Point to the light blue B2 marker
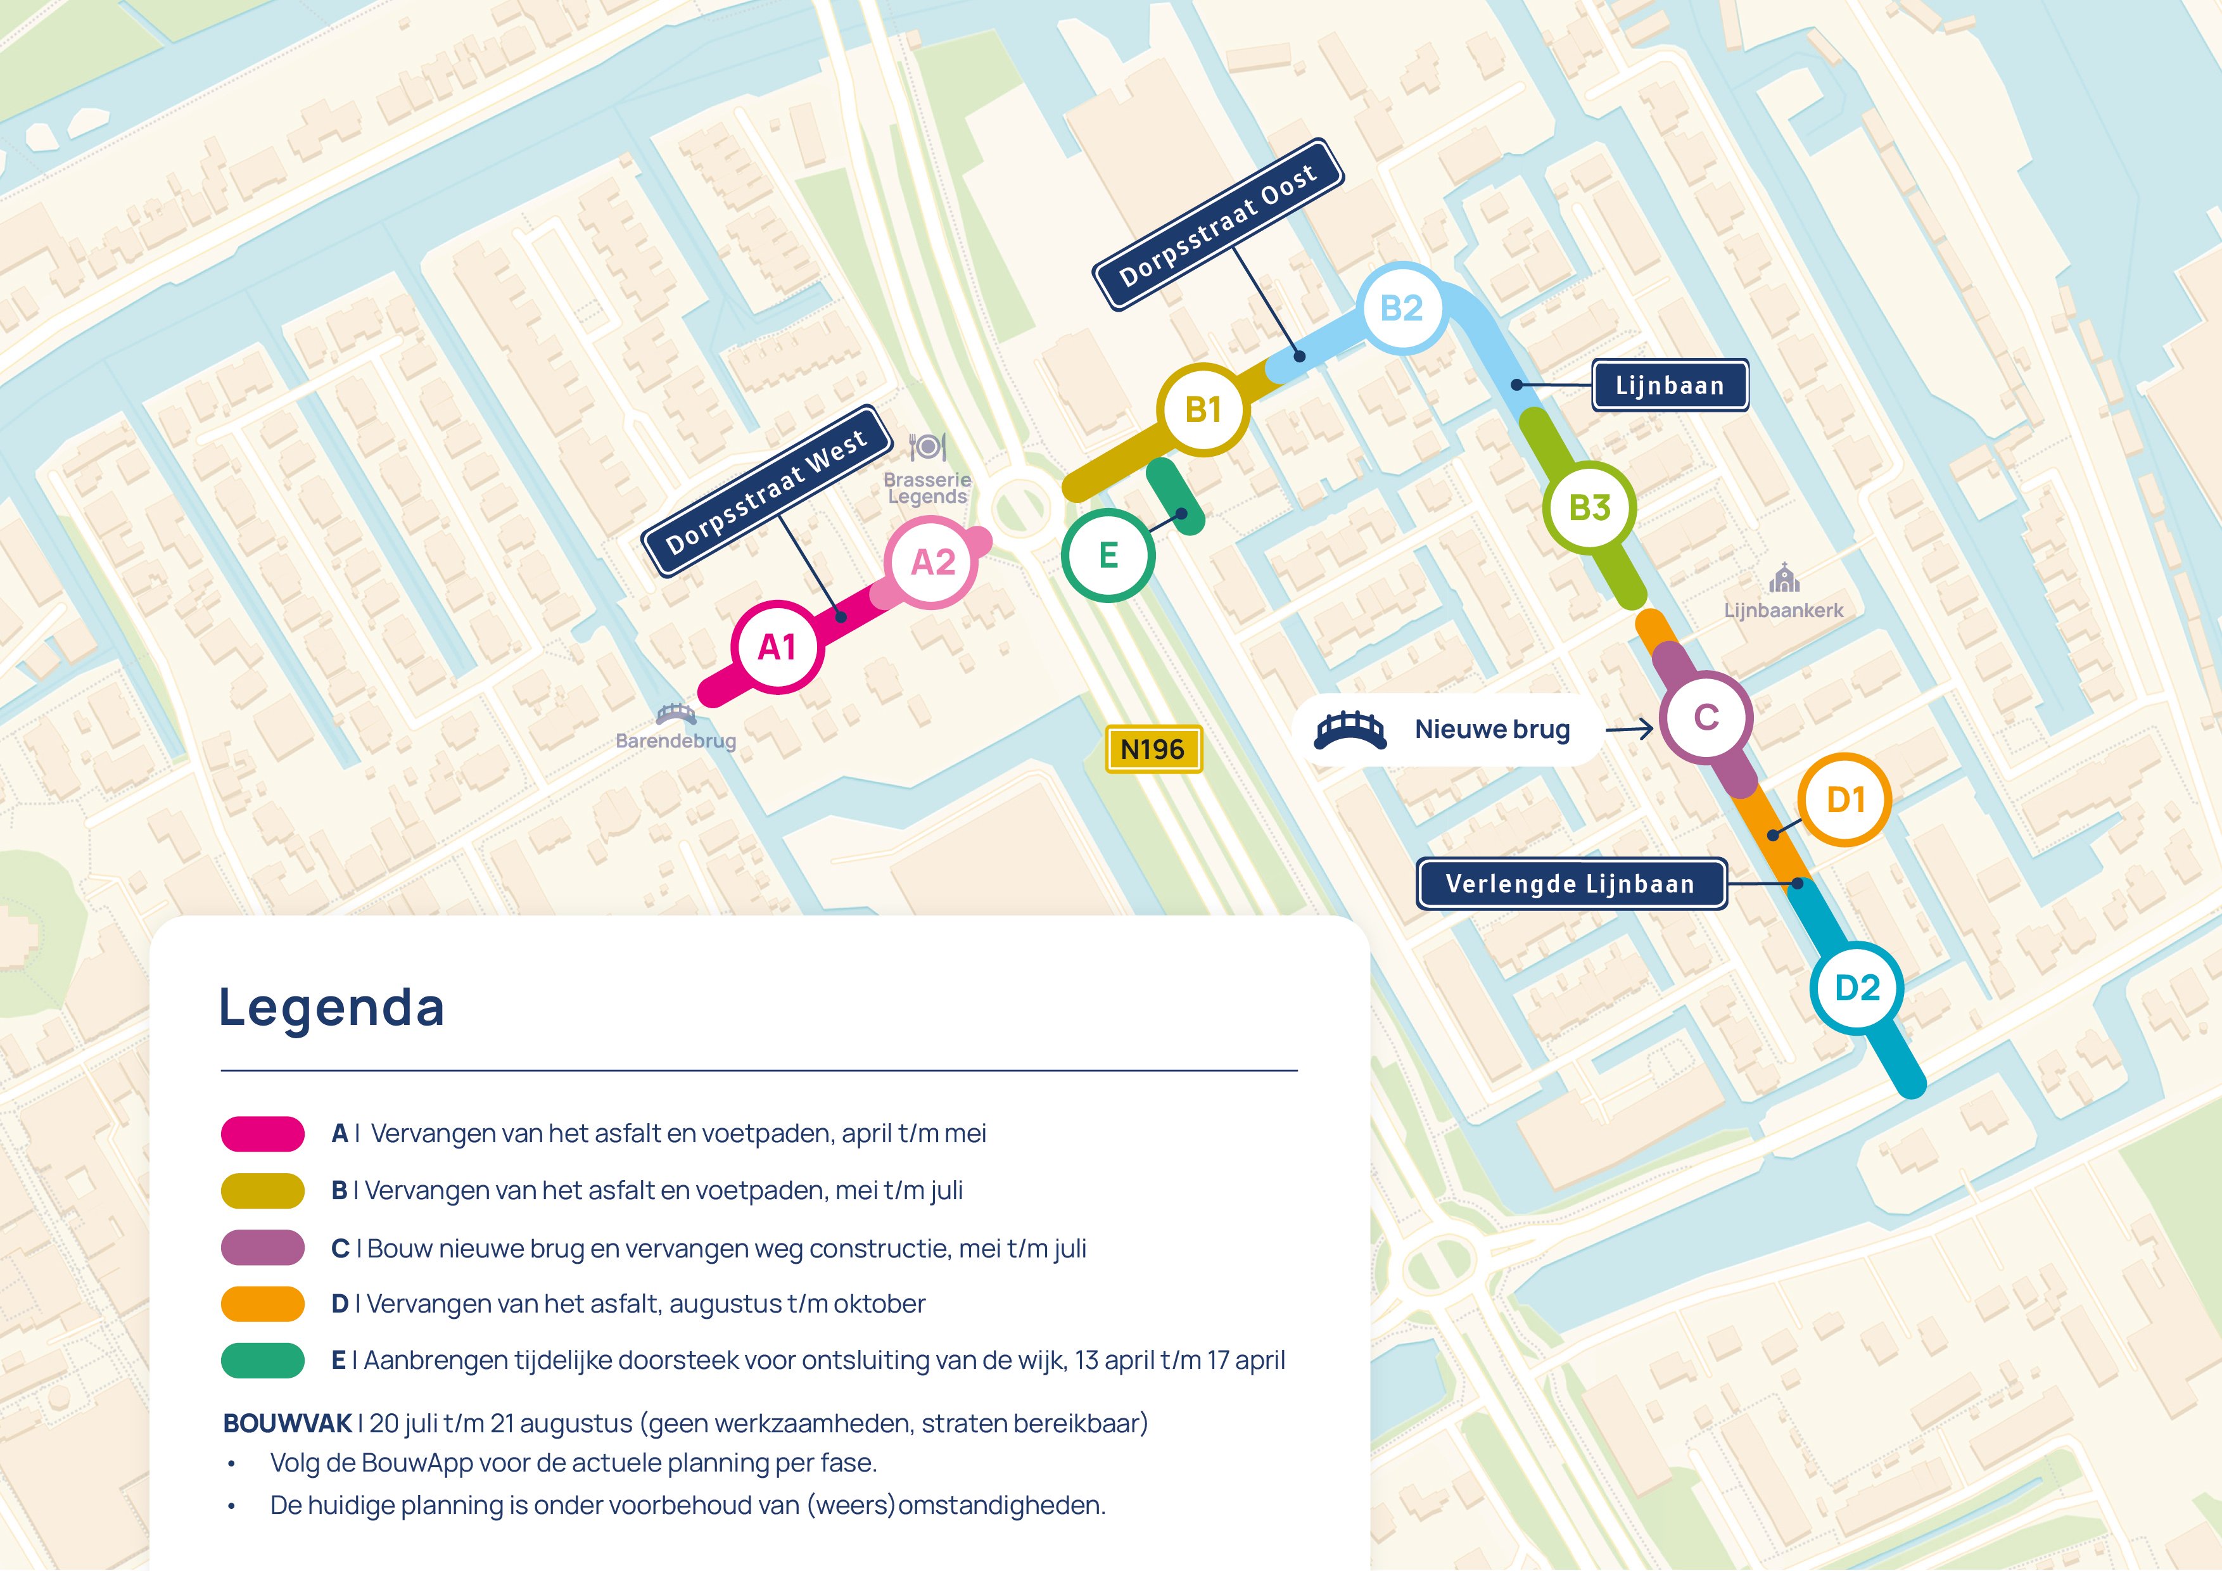click(1401, 308)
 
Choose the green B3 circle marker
click(1589, 508)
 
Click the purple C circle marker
click(1706, 717)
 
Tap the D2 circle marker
click(1857, 988)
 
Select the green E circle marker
click(1108, 556)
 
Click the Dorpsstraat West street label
click(766, 492)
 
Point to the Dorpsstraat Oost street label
click(1219, 225)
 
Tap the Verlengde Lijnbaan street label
click(1571, 884)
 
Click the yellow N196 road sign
click(1153, 749)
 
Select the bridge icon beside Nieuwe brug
click(1349, 730)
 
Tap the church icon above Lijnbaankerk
click(1784, 579)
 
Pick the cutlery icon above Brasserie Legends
click(927, 447)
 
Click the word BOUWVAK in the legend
click(288, 1423)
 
